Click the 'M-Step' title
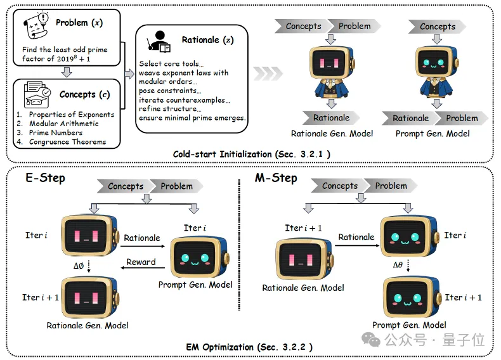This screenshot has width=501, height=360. point(276,177)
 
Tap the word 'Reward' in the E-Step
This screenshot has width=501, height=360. point(141,262)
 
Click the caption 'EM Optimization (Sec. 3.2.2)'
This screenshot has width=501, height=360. point(249,347)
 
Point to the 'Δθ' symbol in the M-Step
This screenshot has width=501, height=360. point(398,265)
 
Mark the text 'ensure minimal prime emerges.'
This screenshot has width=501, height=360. point(193,117)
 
